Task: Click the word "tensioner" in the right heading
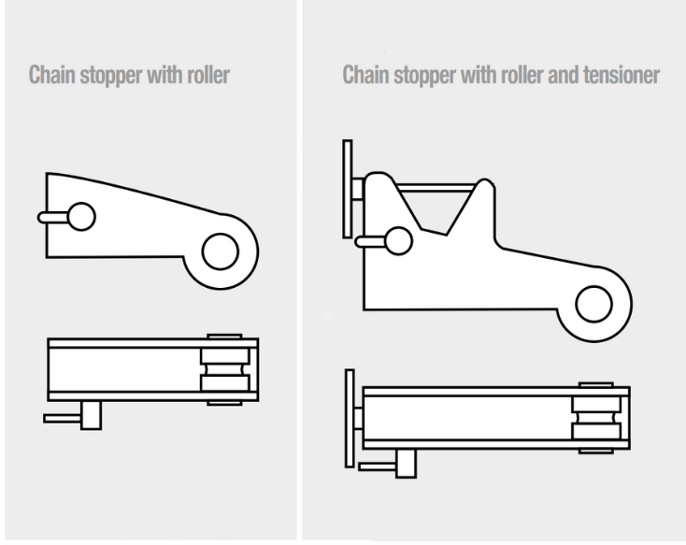(617, 75)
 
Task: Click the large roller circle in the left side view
(221, 251)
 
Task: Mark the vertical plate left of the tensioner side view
(347, 187)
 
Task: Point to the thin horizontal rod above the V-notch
(439, 194)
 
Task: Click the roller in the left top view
(223, 369)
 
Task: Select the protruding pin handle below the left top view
(62, 418)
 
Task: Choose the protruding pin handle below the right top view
(377, 464)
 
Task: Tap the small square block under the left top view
(90, 414)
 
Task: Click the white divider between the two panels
(298, 271)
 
